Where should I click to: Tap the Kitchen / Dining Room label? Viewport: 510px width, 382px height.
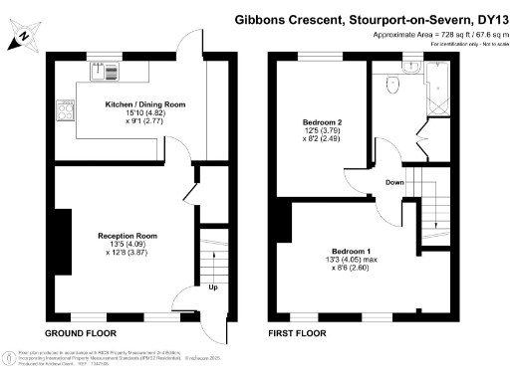point(145,103)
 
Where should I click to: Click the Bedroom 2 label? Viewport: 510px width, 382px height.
point(323,123)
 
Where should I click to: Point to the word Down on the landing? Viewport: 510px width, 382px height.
point(394,182)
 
